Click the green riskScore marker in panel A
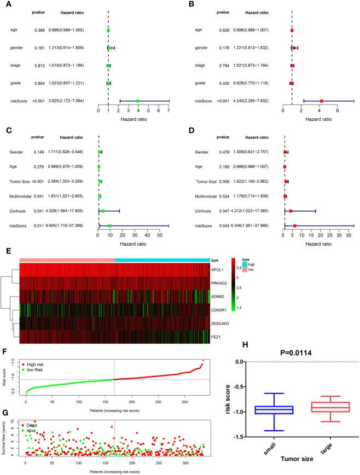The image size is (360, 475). (138, 101)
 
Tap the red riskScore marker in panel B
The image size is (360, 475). (322, 101)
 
